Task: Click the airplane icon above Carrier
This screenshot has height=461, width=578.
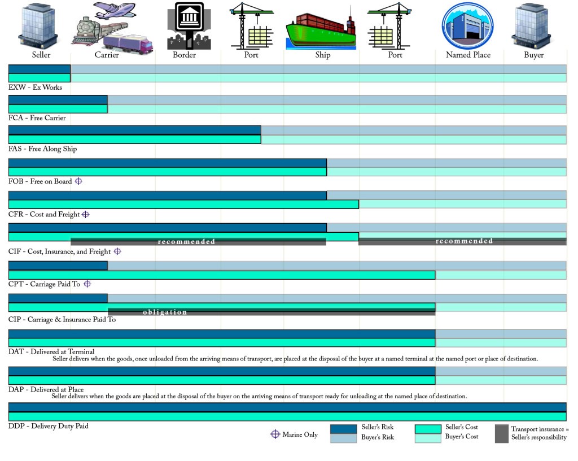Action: tap(115, 10)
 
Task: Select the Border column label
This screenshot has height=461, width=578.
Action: tap(184, 55)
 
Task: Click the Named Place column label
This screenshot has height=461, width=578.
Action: tap(468, 55)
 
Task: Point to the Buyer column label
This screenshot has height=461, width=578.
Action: tap(533, 55)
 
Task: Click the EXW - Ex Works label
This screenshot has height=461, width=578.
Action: tap(35, 88)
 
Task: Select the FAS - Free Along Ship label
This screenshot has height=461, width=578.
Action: tap(42, 149)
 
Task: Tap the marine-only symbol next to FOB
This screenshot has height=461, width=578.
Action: tap(78, 181)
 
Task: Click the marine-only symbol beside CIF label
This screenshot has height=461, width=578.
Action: tap(117, 251)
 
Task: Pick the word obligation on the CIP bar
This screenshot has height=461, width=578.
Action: tap(165, 312)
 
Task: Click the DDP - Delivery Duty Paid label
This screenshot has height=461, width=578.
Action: tap(49, 426)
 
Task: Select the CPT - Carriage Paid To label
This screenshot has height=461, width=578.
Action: tap(44, 284)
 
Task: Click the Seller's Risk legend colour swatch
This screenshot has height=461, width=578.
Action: tap(343, 429)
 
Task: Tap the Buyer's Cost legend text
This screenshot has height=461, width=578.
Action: tap(461, 436)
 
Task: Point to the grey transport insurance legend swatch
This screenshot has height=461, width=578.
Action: tap(501, 433)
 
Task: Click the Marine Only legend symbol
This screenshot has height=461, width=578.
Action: tap(275, 434)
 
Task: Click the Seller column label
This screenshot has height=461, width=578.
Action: tap(41, 55)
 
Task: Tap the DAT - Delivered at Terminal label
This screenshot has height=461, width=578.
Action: tap(51, 352)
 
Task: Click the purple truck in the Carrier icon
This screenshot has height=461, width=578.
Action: tap(129, 42)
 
